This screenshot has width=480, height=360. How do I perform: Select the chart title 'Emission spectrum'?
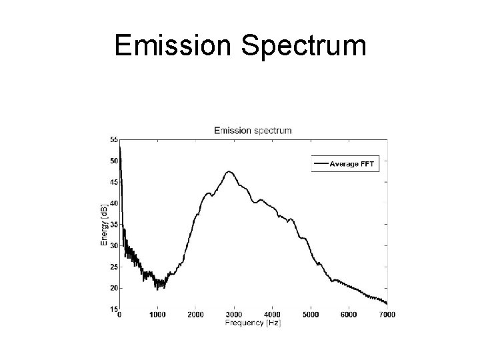(252, 130)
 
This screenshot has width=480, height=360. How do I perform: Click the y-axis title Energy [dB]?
(105, 224)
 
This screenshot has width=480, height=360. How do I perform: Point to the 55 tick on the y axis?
(113, 139)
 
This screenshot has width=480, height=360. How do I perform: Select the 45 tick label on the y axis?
(113, 182)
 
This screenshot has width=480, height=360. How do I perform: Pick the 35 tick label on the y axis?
(113, 225)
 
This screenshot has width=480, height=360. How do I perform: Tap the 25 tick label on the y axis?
(113, 267)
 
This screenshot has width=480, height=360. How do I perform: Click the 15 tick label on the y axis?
(113, 309)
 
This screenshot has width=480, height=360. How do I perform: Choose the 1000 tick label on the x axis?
(158, 314)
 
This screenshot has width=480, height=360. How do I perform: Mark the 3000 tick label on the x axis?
(234, 314)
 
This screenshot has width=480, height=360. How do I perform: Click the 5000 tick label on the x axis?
(310, 314)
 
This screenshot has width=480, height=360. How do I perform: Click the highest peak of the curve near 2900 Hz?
(230, 171)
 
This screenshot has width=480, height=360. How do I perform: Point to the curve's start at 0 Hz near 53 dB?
(120, 148)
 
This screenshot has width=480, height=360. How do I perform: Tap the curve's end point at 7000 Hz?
(386, 304)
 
